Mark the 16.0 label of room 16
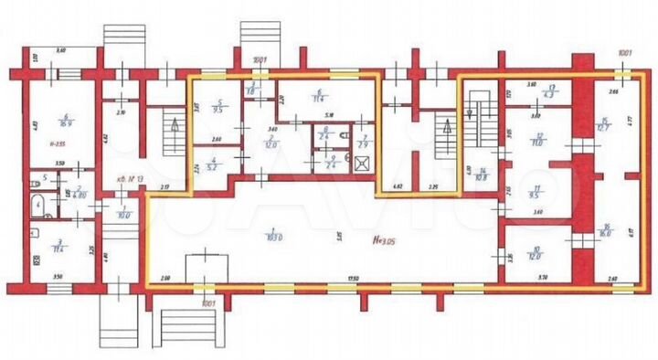(606, 233)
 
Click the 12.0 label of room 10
(536, 254)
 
